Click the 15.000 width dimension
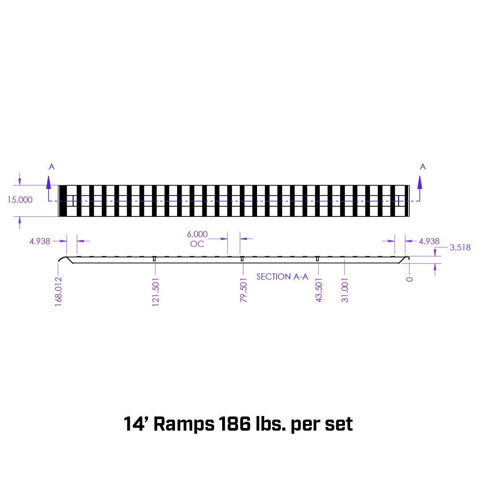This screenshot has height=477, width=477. (x=20, y=200)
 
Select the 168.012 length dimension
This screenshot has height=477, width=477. (x=58, y=291)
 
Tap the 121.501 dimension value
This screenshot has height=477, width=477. (x=155, y=292)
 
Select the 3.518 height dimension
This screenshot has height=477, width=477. (x=460, y=247)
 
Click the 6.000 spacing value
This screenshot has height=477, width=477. (x=197, y=234)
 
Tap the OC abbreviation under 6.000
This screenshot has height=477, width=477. (x=197, y=244)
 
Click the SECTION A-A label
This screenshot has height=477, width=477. (x=282, y=277)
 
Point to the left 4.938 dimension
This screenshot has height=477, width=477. (x=40, y=241)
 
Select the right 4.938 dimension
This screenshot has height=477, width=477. (x=429, y=241)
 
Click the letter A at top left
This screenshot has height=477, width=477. (x=52, y=167)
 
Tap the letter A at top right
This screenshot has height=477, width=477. (x=423, y=167)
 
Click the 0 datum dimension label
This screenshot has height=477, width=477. (x=409, y=279)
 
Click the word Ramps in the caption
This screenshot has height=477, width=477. (x=183, y=424)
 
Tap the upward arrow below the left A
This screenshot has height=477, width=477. (x=49, y=182)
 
